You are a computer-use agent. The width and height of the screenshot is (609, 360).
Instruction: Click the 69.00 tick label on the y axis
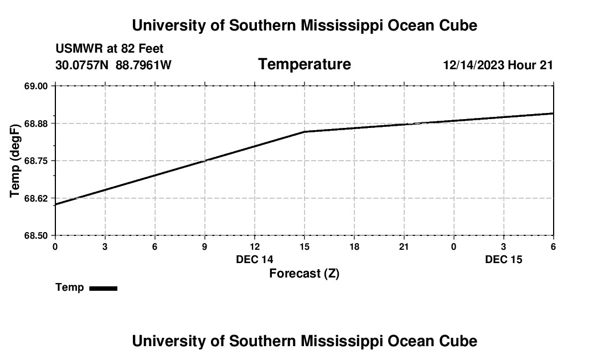click(36, 86)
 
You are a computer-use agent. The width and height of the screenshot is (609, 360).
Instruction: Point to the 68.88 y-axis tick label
click(36, 123)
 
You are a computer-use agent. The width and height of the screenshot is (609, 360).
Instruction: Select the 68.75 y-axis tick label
click(36, 161)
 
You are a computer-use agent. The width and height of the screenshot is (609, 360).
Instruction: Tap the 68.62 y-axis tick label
click(36, 198)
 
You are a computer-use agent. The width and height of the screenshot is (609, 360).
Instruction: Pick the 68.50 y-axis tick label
click(36, 235)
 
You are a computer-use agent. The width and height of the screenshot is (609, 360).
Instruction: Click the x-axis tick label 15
click(304, 246)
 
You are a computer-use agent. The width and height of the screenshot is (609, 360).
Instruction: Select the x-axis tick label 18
click(354, 246)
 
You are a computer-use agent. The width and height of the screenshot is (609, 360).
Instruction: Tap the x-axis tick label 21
click(404, 246)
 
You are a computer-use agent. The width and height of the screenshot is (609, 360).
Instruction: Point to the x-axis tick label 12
click(255, 246)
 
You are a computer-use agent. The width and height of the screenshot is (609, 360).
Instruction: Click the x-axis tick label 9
click(205, 246)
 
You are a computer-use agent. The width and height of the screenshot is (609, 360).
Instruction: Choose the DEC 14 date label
click(255, 259)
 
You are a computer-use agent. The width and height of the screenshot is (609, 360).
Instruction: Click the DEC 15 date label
click(504, 259)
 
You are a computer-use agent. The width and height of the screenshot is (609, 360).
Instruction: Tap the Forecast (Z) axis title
click(304, 273)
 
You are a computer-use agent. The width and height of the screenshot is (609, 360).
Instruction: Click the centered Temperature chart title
click(304, 64)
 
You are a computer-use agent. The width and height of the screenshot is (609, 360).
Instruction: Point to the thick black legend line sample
click(104, 288)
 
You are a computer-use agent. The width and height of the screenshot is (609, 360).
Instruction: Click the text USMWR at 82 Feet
click(110, 49)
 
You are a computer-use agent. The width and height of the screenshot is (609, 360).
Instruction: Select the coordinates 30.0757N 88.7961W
click(113, 65)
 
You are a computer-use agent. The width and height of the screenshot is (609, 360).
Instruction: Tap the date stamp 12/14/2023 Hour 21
click(498, 65)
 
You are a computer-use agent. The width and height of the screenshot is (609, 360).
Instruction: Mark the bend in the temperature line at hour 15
click(304, 132)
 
